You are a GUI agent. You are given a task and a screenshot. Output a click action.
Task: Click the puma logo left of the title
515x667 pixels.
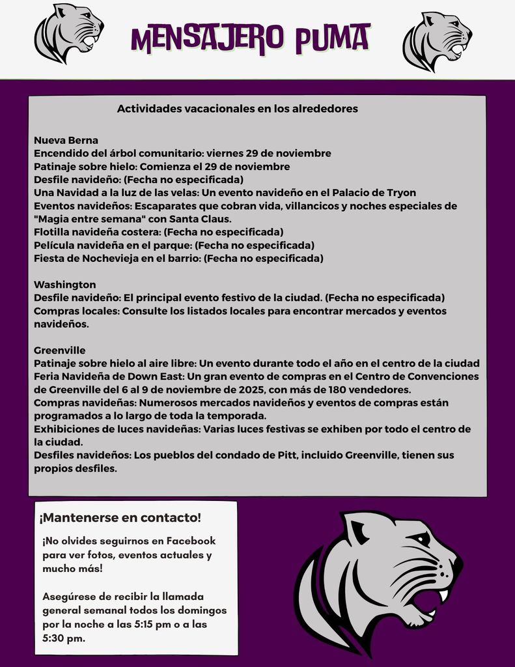click(68, 33)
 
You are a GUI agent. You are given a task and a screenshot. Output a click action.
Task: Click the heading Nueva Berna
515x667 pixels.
click(66, 140)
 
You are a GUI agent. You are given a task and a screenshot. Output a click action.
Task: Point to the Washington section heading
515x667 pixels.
click(64, 285)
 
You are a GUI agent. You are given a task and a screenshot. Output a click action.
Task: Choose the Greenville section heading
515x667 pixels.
click(59, 350)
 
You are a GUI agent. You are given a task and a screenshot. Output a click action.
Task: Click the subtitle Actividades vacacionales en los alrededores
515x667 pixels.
click(237, 109)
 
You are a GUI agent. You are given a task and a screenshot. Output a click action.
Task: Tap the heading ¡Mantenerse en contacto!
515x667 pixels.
click(120, 518)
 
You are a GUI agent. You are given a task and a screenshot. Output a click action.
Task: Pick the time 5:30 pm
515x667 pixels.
click(63, 638)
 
